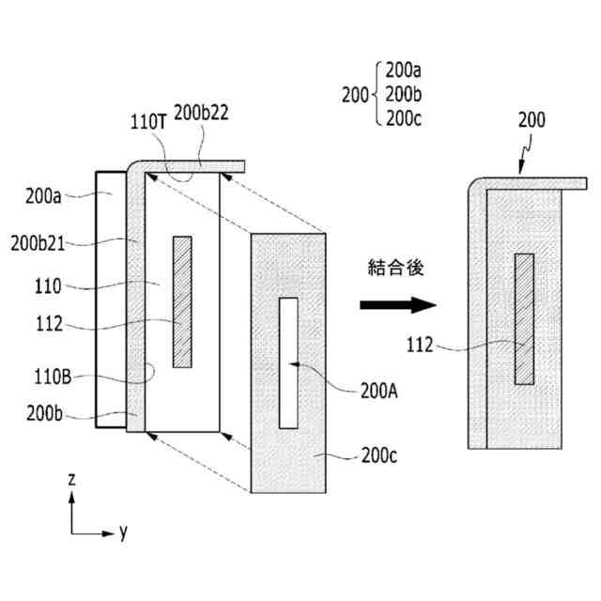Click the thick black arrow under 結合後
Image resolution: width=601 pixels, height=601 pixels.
(397, 305)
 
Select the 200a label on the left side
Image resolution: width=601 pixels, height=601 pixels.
(45, 196)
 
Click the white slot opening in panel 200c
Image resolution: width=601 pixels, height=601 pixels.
(288, 361)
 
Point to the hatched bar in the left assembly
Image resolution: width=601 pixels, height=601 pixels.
(182, 300)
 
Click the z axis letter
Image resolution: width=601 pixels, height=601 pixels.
(71, 479)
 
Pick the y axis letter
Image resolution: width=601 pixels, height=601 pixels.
(123, 532)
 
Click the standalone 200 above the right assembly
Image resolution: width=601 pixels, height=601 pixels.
(531, 119)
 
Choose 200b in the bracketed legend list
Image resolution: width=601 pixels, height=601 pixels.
(404, 93)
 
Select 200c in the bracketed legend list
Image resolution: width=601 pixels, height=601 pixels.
(404, 117)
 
